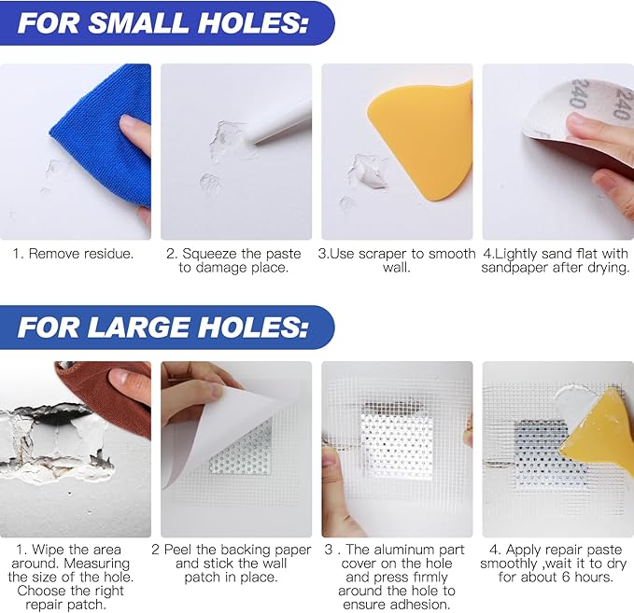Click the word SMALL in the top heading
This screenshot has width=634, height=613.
(x=138, y=22)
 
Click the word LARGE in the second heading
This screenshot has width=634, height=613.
(x=138, y=327)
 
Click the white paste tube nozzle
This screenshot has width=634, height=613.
(x=279, y=123)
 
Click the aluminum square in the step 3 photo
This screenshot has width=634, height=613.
(x=396, y=440)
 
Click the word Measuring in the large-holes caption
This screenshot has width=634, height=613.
(x=96, y=564)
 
